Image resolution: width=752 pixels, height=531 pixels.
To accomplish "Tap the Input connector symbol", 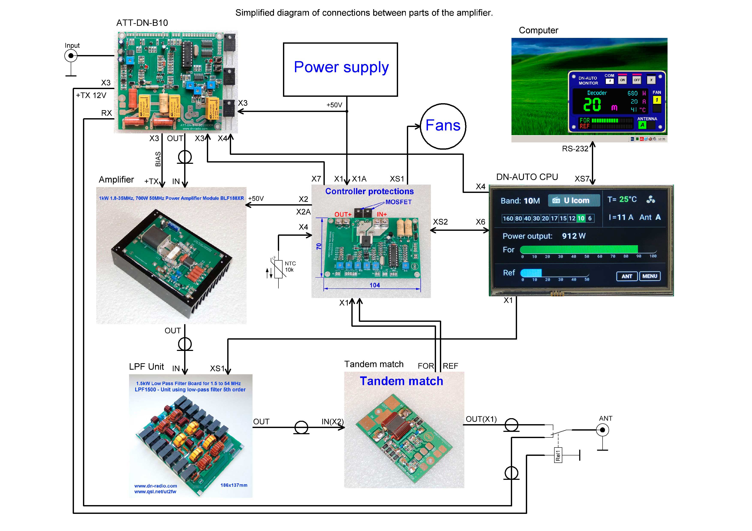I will click(x=71, y=56).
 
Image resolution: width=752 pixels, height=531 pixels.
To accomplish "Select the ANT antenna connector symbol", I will click(x=602, y=430).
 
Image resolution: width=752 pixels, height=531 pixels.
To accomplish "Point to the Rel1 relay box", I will click(x=558, y=455).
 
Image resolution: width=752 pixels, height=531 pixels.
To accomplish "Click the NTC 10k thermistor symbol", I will click(x=278, y=269).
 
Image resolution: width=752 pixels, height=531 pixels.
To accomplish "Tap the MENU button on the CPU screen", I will click(x=650, y=276).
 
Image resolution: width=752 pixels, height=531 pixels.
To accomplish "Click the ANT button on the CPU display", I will click(x=627, y=276).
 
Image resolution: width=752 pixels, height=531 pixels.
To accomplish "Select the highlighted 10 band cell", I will click(x=581, y=218).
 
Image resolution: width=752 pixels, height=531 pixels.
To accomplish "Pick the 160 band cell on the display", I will click(x=508, y=218).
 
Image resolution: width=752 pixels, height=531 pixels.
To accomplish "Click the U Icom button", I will click(x=574, y=201).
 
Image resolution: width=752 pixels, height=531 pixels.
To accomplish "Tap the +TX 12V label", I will click(x=91, y=95).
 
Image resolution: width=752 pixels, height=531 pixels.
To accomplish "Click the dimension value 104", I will click(x=375, y=285).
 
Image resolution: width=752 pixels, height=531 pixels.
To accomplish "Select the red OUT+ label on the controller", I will click(x=343, y=214).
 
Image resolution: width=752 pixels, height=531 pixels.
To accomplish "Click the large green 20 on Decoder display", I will click(x=592, y=105).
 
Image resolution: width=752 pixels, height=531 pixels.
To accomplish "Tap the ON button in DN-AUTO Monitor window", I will click(x=622, y=80).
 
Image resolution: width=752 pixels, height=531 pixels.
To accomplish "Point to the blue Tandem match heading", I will click(x=401, y=381).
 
